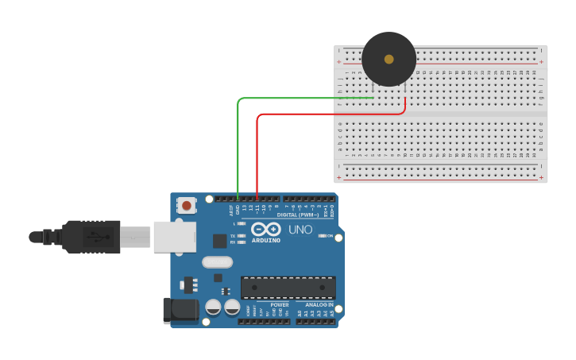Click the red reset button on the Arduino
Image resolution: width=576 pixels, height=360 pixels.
[187, 205]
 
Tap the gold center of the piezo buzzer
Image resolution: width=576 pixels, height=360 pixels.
[389, 59]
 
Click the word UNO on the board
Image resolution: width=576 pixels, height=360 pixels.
[300, 229]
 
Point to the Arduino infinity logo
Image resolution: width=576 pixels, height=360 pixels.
[266, 229]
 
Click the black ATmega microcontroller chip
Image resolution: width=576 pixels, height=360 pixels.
[288, 288]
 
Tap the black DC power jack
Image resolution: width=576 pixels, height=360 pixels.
[180, 310]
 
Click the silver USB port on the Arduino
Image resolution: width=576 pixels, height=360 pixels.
[175, 236]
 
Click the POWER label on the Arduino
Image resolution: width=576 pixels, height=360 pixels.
[280, 304]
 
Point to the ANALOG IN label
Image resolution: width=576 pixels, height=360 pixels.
[319, 304]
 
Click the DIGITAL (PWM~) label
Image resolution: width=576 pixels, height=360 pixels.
[298, 215]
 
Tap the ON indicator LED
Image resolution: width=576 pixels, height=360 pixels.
[321, 236]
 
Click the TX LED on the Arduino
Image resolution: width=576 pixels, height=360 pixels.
[242, 236]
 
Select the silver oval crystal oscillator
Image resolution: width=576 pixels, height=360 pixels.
[217, 262]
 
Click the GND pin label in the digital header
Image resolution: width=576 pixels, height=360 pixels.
[238, 210]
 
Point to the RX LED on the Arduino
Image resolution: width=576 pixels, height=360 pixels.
[242, 242]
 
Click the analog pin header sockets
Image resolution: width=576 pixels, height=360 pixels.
[316, 322]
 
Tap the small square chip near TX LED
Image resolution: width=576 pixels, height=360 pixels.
[219, 241]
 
